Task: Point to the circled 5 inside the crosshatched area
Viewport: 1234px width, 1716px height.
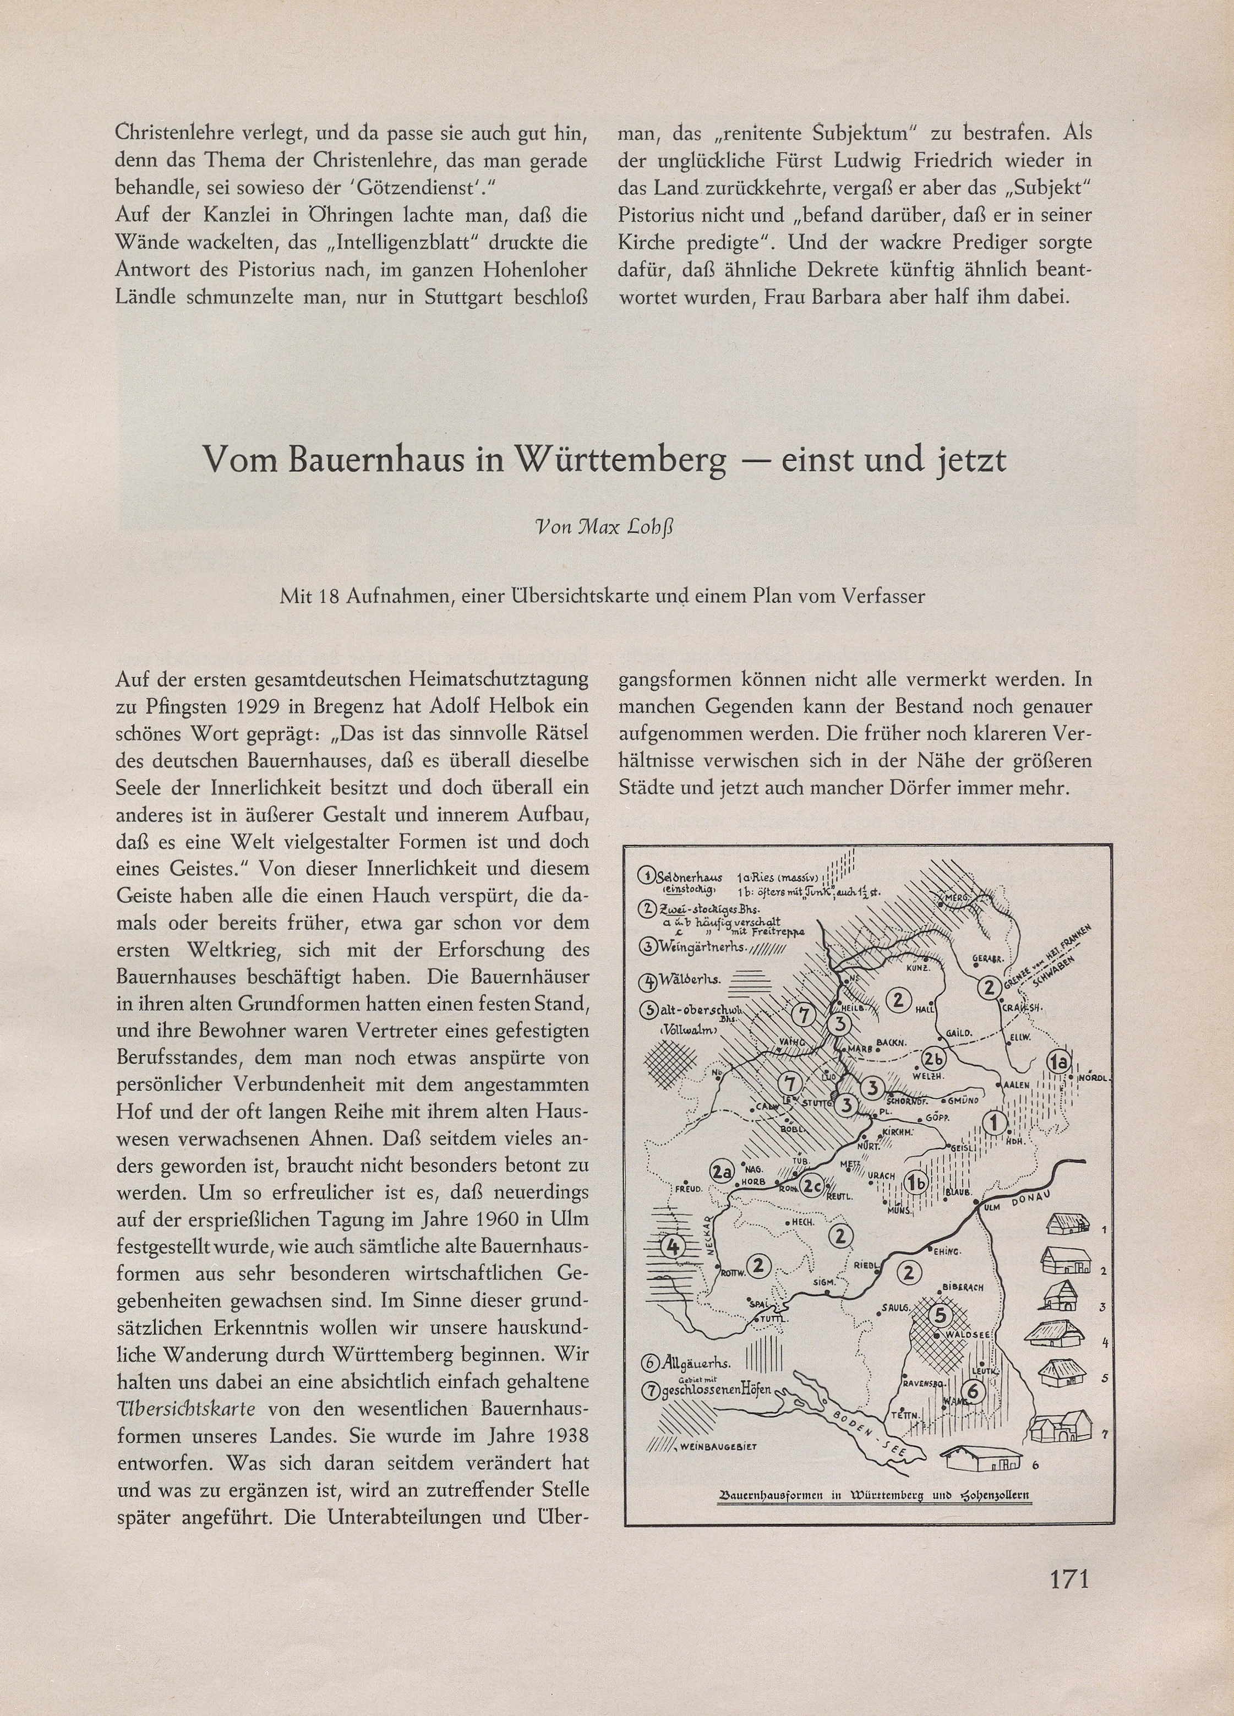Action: click(x=940, y=1315)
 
